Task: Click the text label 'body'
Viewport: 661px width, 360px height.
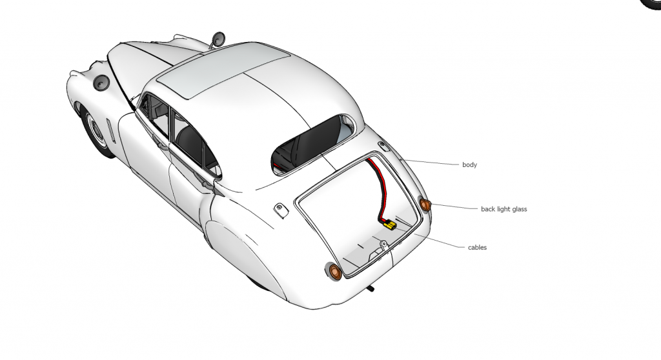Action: [x=469, y=165]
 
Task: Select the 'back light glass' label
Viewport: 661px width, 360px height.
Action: [x=503, y=209]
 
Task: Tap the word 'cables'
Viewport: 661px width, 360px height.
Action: [x=477, y=247]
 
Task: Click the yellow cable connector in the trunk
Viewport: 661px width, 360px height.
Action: [x=389, y=225]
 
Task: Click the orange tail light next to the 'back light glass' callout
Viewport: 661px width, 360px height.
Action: [x=425, y=205]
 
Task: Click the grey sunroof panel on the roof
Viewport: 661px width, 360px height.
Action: [x=223, y=73]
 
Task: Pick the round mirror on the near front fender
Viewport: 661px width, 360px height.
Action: [x=102, y=83]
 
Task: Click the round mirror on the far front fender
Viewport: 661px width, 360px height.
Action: [x=218, y=39]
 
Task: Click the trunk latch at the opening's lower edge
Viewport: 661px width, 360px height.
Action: [x=383, y=245]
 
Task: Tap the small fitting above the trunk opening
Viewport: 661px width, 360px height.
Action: [x=383, y=145]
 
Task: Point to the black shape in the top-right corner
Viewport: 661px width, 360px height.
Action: [x=651, y=4]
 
